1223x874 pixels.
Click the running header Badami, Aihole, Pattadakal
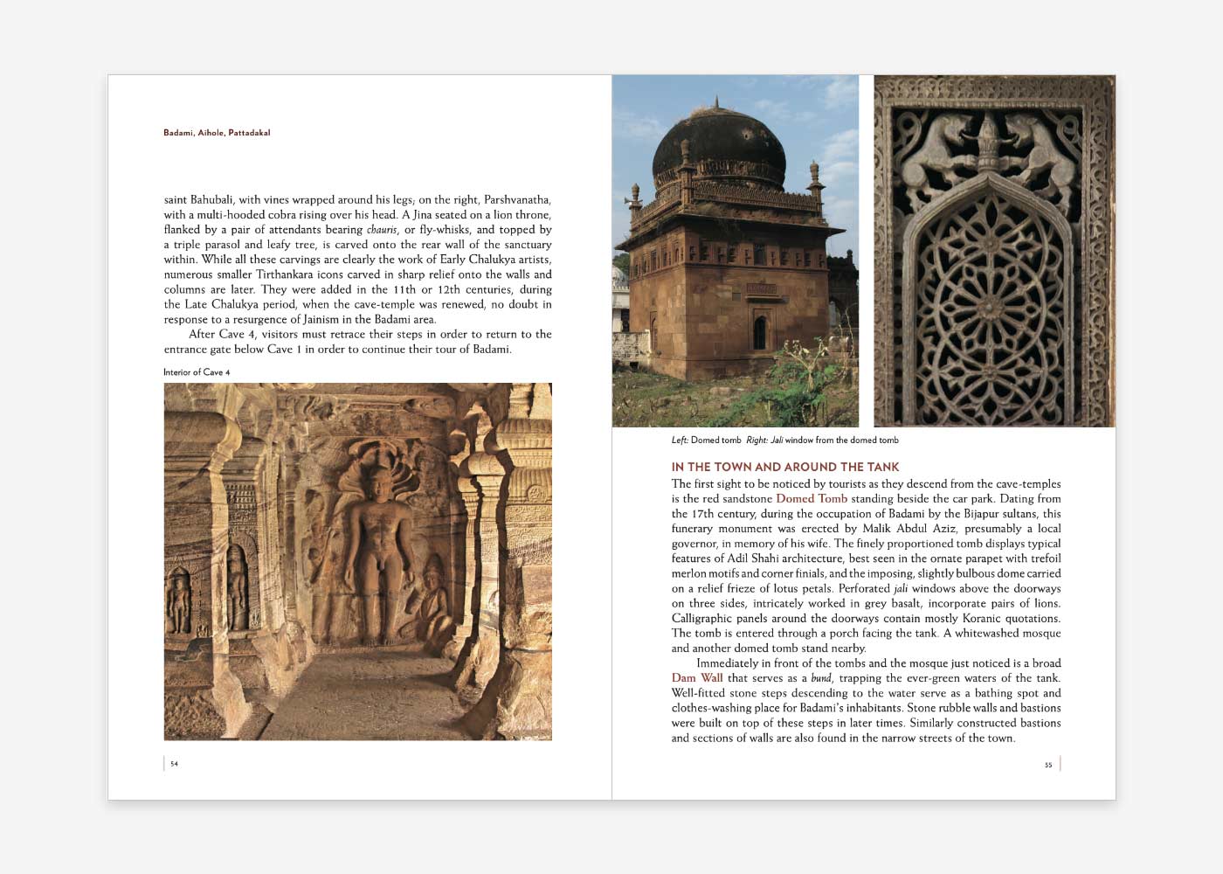[217, 133]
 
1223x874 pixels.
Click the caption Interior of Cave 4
[197, 372]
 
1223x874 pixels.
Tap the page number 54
[174, 764]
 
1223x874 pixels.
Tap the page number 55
[1048, 765]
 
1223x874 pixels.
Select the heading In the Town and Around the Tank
[784, 467]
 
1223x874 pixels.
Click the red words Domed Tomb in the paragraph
[812, 499]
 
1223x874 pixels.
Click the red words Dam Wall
[697, 678]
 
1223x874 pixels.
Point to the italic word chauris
[382, 230]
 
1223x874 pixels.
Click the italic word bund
[821, 678]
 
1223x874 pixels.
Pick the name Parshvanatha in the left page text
[517, 200]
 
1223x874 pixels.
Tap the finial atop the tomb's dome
[716, 103]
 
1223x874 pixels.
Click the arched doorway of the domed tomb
[759, 333]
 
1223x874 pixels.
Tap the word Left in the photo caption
[679, 440]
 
